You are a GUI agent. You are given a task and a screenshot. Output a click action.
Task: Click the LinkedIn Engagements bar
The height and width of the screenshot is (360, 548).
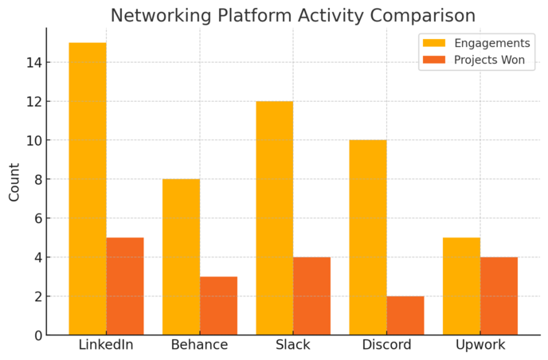pos(88,189)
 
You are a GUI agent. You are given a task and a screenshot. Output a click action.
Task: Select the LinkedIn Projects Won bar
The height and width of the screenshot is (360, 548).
pos(125,286)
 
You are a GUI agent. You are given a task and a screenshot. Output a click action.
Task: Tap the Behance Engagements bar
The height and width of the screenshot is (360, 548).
pos(181,256)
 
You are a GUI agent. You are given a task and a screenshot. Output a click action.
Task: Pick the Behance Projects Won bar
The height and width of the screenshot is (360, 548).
pos(218,306)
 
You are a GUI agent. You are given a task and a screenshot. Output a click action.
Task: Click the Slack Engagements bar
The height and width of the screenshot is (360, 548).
pos(274,217)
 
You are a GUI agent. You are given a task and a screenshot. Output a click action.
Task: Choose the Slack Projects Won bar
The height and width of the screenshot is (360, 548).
pos(311,295)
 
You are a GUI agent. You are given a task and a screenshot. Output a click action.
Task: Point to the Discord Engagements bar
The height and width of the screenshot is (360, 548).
pos(368,237)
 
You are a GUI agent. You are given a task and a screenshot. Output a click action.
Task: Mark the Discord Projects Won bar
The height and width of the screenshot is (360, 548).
pos(405,315)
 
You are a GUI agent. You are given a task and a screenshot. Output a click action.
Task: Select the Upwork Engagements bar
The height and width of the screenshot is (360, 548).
pos(461,286)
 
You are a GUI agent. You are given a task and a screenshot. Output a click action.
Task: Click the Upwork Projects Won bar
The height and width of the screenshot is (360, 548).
pos(499,295)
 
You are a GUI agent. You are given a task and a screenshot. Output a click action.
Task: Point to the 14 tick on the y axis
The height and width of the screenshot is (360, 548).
pos(33,63)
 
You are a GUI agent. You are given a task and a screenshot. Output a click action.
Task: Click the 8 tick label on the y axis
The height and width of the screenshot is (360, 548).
pos(37,180)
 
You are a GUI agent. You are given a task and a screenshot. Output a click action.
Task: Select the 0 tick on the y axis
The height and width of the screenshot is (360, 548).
pos(37,335)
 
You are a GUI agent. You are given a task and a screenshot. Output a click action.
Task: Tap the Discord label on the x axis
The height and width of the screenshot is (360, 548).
pos(386,346)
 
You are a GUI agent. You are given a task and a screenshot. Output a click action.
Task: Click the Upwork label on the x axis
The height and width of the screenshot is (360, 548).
pos(479,346)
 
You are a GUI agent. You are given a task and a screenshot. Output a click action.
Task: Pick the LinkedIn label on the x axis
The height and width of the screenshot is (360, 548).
pos(106,346)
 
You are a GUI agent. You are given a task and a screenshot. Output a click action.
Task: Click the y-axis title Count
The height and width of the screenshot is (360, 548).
pos(14,182)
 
